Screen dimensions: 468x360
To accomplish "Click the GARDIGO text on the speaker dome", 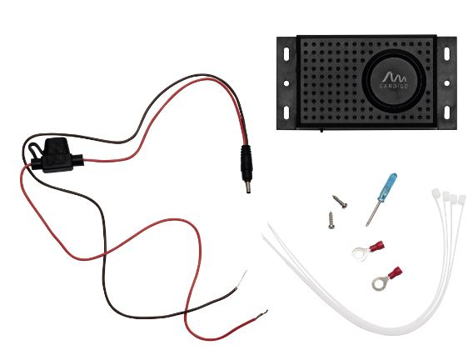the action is coord(394,86).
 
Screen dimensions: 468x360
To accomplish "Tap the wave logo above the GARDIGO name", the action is coord(394,77).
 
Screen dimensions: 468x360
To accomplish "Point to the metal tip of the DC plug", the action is coord(247,187).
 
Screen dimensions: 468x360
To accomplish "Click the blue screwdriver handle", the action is coord(387,187).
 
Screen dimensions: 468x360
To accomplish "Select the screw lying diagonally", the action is coord(340,202).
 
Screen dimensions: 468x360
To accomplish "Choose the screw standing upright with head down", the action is coord(331,220).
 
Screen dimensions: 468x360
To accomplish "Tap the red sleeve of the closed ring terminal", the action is coord(396,272).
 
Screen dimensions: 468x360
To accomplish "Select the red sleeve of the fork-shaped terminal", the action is coord(377,246).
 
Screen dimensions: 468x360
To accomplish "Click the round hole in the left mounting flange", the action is coord(286,83).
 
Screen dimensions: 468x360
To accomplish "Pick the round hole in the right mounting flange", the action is coord(447,83).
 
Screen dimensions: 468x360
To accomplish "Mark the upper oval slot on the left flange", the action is coord(286,54).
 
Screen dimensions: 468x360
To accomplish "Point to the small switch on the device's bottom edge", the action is coord(321,130).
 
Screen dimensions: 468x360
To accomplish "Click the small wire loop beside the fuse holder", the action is coord(33,148).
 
